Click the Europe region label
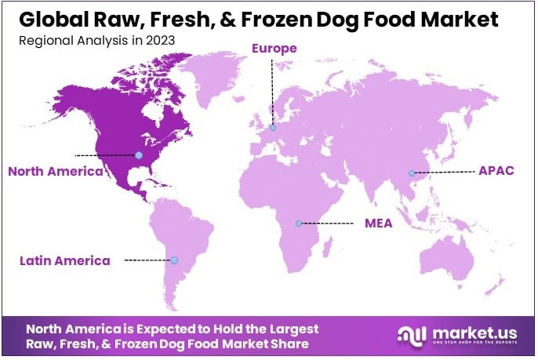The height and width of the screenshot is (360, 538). (x=274, y=49)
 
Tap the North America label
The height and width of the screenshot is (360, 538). (x=55, y=171)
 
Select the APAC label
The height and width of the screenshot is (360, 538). (x=496, y=170)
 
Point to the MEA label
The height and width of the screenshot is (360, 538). (x=378, y=223)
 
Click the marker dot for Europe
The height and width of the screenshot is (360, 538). (x=273, y=128)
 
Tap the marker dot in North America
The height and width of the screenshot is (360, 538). (x=139, y=155)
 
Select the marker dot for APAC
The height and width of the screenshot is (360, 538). (x=411, y=173)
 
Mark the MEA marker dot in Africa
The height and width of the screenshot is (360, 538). (x=298, y=224)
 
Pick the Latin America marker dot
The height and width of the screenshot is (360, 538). (x=174, y=260)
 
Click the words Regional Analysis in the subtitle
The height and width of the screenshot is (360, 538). (x=75, y=40)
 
